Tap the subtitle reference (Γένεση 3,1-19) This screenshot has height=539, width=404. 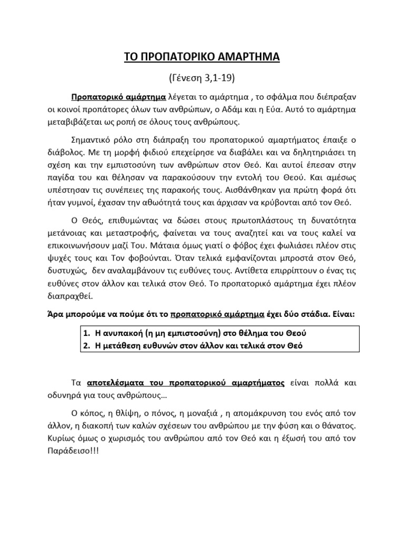(201, 79)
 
